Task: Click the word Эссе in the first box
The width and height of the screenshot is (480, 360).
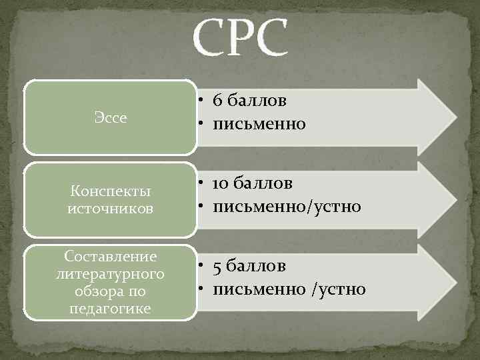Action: point(111,118)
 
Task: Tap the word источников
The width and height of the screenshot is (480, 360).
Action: point(111,209)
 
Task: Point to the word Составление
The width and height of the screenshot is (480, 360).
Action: point(111,257)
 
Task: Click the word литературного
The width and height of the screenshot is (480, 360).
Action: point(111,274)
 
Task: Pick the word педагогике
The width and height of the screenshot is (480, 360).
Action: point(111,309)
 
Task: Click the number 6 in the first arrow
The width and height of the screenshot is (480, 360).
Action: point(218,101)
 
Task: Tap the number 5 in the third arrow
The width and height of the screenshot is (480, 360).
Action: point(218,267)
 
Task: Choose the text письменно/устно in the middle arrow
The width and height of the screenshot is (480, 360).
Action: point(287,207)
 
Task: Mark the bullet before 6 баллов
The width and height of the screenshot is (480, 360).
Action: point(201,101)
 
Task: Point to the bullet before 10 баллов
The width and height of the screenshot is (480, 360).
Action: point(201,183)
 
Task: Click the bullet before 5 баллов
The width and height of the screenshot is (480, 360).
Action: point(201,267)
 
